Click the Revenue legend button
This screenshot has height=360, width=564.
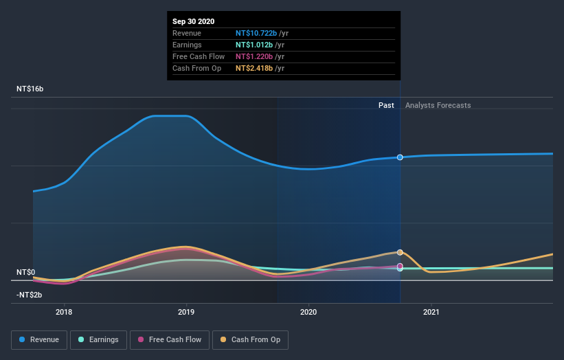(40, 339)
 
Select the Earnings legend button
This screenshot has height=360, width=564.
(99, 339)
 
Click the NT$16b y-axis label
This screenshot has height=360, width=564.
(30, 89)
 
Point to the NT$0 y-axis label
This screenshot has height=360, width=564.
(25, 272)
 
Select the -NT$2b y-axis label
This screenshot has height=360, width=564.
(29, 295)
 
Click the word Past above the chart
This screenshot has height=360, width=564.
(386, 105)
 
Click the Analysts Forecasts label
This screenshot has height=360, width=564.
(438, 105)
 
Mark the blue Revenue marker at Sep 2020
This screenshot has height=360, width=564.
(400, 157)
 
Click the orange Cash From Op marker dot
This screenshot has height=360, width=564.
(400, 252)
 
